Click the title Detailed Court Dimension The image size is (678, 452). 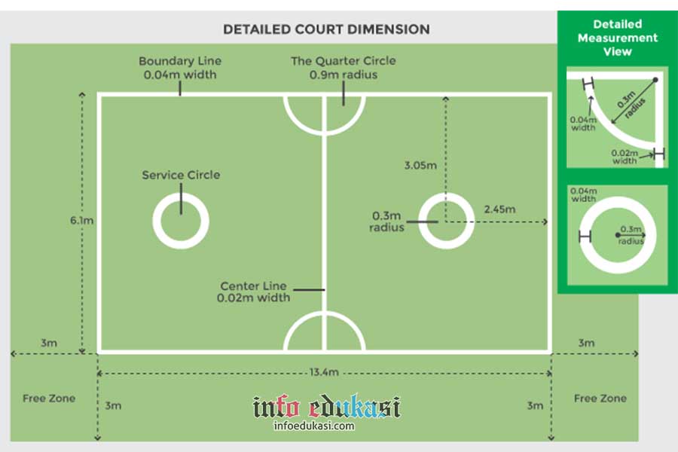coord(326,29)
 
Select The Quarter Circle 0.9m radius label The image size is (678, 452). coord(344,68)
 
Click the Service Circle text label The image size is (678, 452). coord(181,175)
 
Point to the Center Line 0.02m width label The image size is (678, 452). coord(254,292)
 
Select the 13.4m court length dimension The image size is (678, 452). coord(325,372)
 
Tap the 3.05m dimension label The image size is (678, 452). coord(420,165)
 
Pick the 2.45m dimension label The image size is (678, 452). coord(499,209)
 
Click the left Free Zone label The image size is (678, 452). coord(49,398)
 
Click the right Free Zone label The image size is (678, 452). coord(600,398)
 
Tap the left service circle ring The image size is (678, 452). coord(181,240)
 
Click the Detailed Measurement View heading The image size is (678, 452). coord(617,38)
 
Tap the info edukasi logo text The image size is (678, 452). coord(326,408)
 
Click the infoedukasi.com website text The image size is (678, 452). coord(313,426)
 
